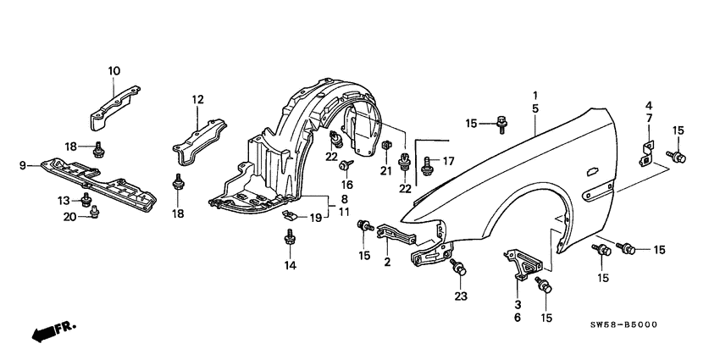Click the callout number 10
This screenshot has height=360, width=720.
(114, 69)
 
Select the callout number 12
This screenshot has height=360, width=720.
(197, 100)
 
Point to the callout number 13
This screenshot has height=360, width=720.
(63, 200)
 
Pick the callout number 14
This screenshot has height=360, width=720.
(291, 265)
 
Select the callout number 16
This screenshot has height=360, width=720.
(346, 184)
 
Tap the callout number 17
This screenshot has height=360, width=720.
(448, 159)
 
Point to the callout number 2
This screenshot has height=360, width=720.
(387, 263)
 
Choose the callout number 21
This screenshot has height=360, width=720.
(385, 171)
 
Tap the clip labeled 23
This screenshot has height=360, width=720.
(459, 269)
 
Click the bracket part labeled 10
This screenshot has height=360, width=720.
(112, 102)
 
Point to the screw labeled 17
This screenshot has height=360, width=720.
(428, 160)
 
